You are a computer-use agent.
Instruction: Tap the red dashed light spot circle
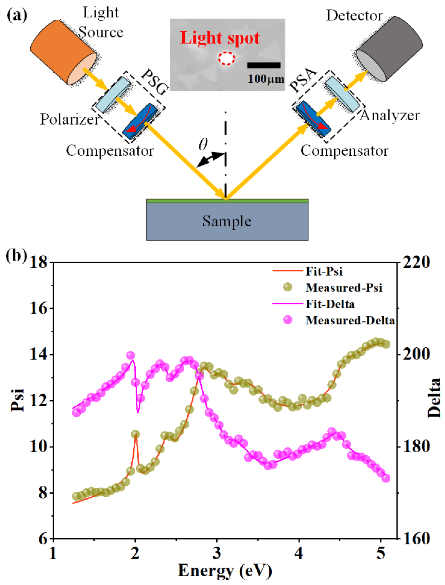click(x=226, y=58)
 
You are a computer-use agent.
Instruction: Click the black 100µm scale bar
click(x=263, y=65)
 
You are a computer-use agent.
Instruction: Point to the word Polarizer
click(x=69, y=119)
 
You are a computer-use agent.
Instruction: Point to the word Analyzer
click(x=389, y=116)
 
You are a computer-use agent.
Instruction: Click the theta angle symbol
click(x=203, y=144)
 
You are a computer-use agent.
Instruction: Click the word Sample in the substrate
click(x=227, y=221)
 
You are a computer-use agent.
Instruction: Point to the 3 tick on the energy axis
click(x=217, y=553)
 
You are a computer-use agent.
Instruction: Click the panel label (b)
click(x=16, y=256)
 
